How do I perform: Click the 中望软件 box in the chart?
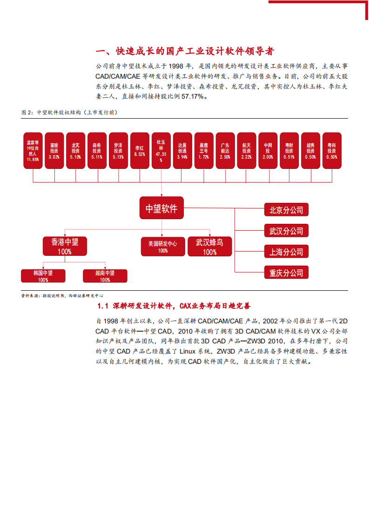click(161, 208)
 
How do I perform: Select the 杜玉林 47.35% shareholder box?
click(161, 150)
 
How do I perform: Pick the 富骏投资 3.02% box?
click(54, 150)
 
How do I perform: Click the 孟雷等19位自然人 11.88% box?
click(33, 150)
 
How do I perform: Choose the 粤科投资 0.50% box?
click(332, 150)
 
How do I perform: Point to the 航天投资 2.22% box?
click(246, 150)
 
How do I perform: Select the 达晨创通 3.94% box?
click(182, 150)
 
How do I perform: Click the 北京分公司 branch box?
click(286, 210)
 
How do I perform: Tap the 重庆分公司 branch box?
click(286, 273)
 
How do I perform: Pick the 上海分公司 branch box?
click(286, 252)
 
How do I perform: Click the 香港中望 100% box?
click(65, 246)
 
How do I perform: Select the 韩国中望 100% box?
click(43, 275)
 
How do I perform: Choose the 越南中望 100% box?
click(105, 275)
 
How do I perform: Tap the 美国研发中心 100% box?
click(162, 246)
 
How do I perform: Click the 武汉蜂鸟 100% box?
click(209, 246)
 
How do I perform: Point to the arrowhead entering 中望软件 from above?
click(161, 195)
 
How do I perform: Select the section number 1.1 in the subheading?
click(102, 306)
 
